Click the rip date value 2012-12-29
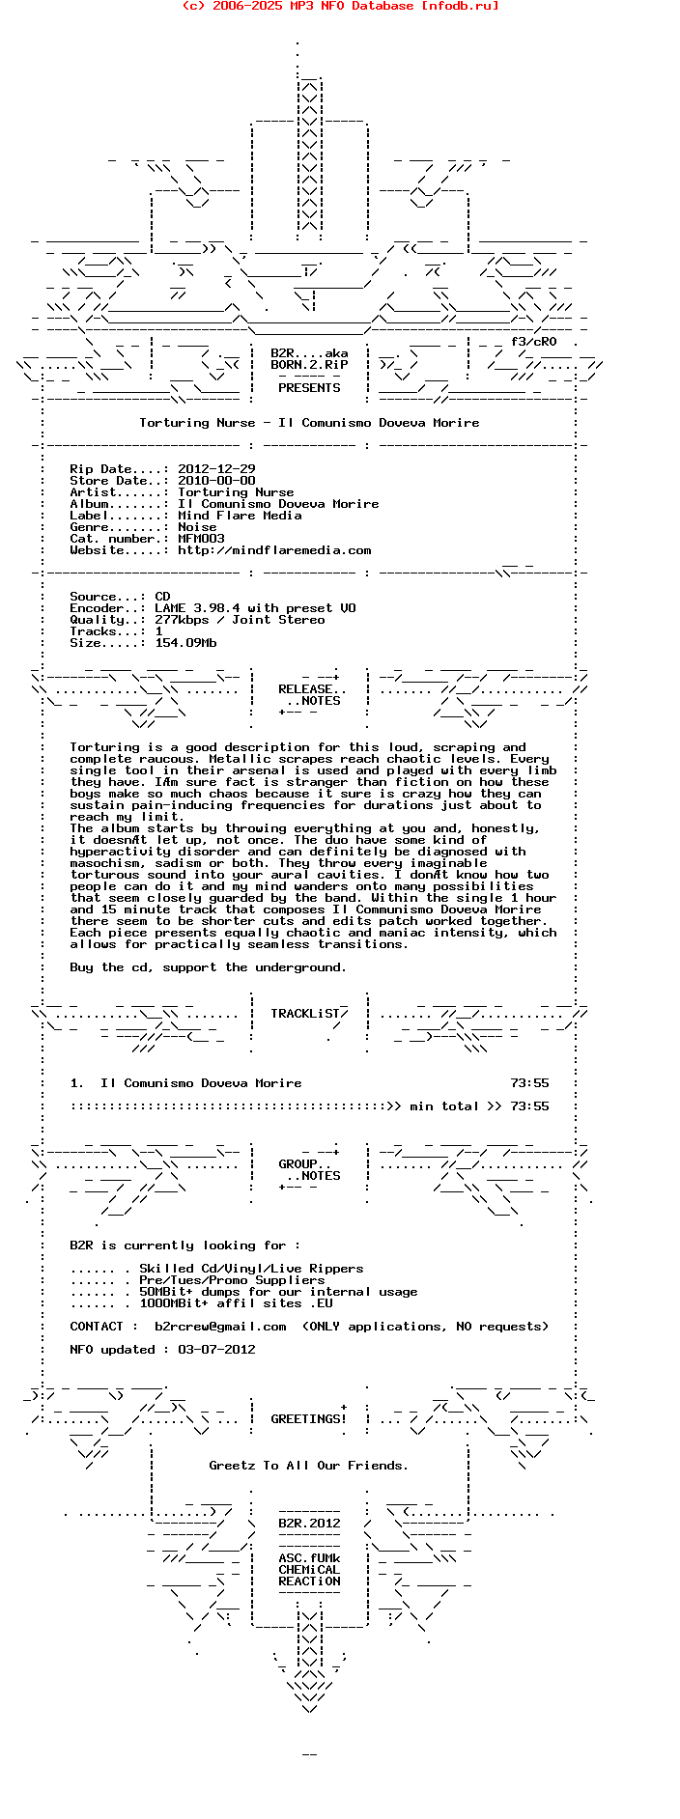coord(216,469)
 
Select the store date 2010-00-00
coord(216,481)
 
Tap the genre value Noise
coord(197,527)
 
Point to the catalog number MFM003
coord(201,539)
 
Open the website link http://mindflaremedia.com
coord(274,550)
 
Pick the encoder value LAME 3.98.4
coord(197,608)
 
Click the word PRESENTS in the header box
coord(309,388)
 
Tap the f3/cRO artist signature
coord(533,342)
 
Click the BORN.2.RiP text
coord(309,365)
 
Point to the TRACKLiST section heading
coord(305,1014)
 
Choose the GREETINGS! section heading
coord(308,1419)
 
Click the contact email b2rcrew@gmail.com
coord(220,1327)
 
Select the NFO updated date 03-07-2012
coord(216,1350)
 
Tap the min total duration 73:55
coord(529,1106)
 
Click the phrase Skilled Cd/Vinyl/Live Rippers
coord(251,1269)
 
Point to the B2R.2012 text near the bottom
coord(309,1524)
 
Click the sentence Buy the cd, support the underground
coord(208,967)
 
